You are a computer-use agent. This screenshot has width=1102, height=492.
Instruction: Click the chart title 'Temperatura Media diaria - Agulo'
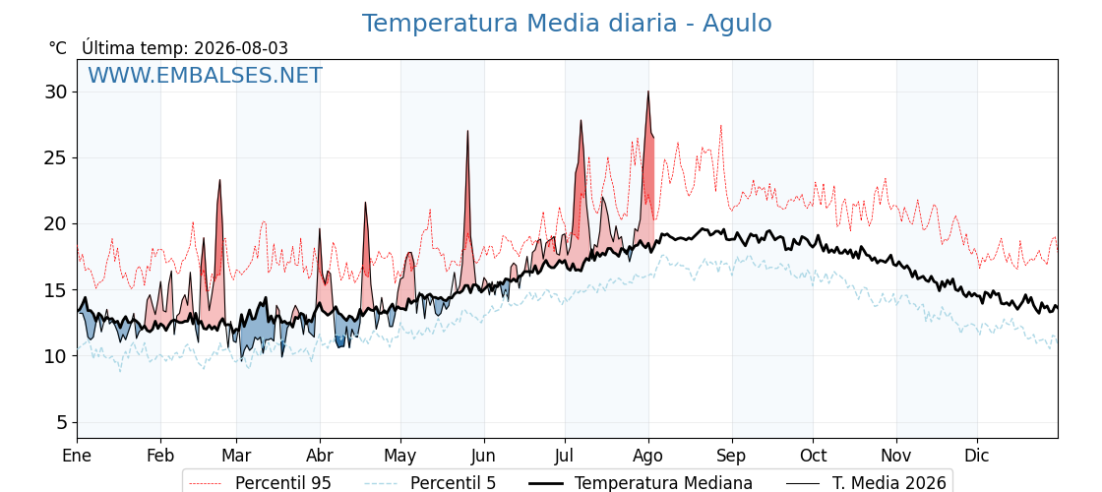[x=567, y=24]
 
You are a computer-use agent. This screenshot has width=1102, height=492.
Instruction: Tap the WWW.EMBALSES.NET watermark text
[x=206, y=75]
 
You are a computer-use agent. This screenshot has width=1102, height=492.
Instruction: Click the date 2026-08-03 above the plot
[x=241, y=48]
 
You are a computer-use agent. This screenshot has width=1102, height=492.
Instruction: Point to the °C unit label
[x=58, y=48]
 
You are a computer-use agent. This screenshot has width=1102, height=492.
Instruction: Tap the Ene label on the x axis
[x=77, y=456]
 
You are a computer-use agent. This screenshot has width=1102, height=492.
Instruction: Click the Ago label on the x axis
[x=648, y=456]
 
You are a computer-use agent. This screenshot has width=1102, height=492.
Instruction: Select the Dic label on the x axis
[x=977, y=456]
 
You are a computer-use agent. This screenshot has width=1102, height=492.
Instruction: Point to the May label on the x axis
[x=400, y=456]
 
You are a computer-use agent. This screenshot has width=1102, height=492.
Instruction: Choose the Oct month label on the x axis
[x=813, y=456]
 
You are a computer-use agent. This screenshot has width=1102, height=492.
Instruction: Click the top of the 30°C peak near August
[x=648, y=92]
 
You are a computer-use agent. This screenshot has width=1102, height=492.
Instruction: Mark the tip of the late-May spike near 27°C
[x=467, y=131]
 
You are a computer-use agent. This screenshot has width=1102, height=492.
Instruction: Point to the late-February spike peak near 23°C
[x=220, y=180]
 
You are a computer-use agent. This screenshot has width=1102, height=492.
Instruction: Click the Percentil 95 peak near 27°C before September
[x=721, y=126]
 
